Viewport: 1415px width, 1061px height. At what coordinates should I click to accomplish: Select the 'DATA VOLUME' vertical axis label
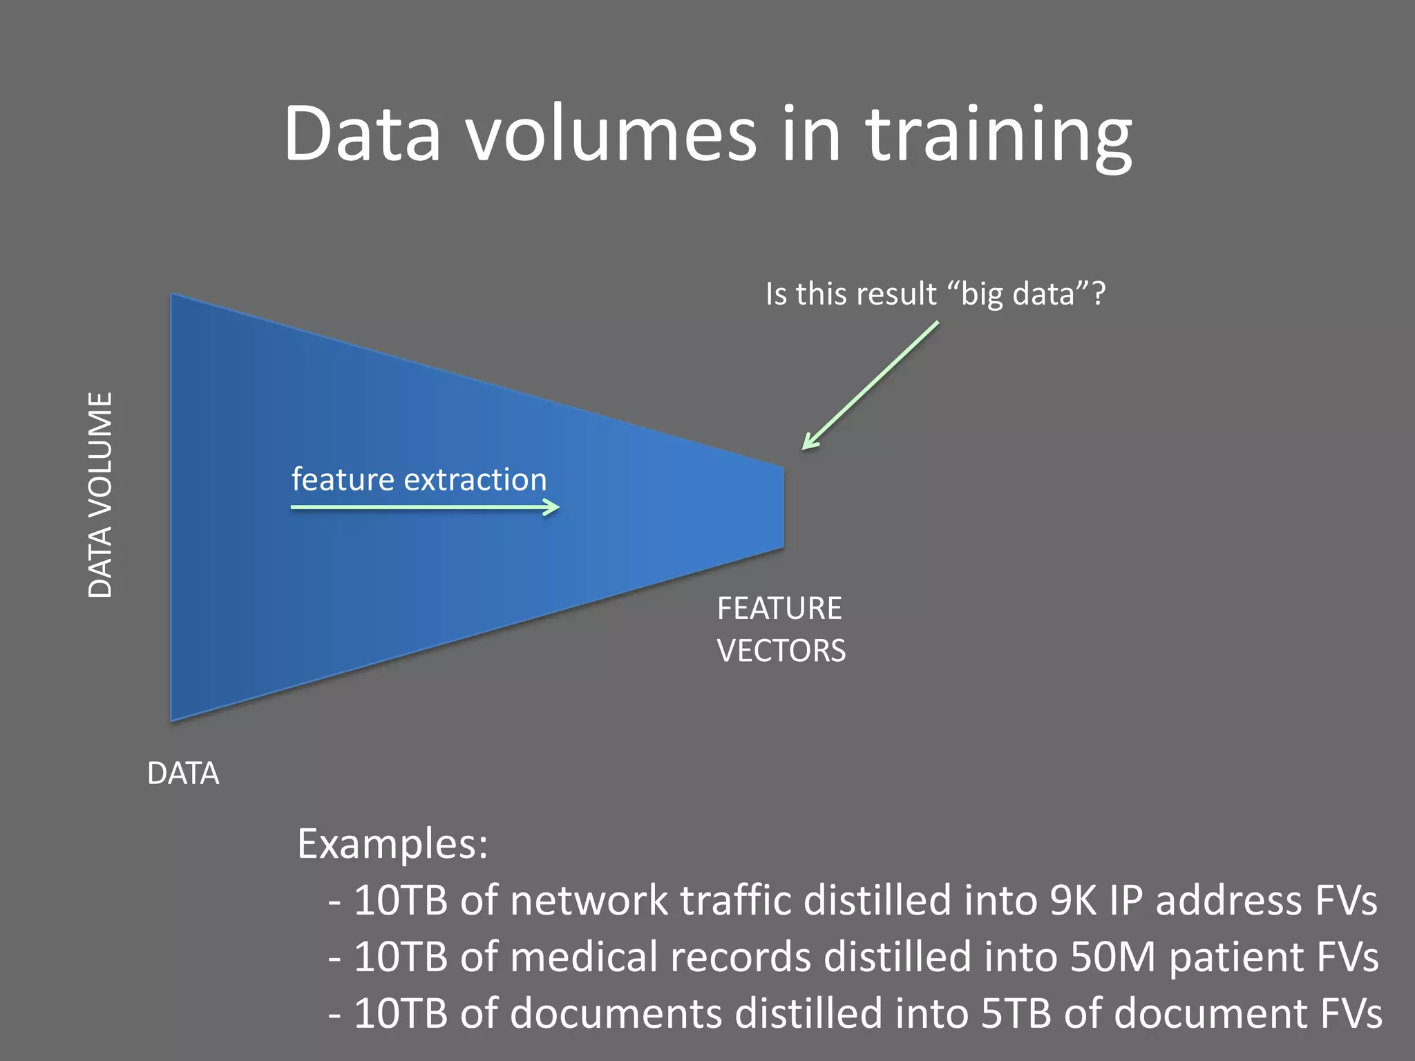click(101, 495)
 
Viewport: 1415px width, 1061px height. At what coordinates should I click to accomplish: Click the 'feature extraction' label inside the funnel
click(419, 479)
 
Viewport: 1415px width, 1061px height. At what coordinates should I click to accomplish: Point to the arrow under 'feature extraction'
click(424, 508)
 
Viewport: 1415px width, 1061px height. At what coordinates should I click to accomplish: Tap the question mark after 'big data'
click(1098, 294)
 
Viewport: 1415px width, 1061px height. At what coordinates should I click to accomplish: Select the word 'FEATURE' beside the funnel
click(779, 609)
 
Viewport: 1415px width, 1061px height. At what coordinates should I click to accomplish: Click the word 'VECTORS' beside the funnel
click(781, 651)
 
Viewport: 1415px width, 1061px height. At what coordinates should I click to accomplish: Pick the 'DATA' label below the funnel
click(183, 774)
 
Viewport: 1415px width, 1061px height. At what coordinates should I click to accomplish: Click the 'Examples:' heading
click(392, 843)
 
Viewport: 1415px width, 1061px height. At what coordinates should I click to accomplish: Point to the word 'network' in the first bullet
click(589, 901)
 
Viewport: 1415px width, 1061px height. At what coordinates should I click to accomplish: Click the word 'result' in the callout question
click(897, 294)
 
